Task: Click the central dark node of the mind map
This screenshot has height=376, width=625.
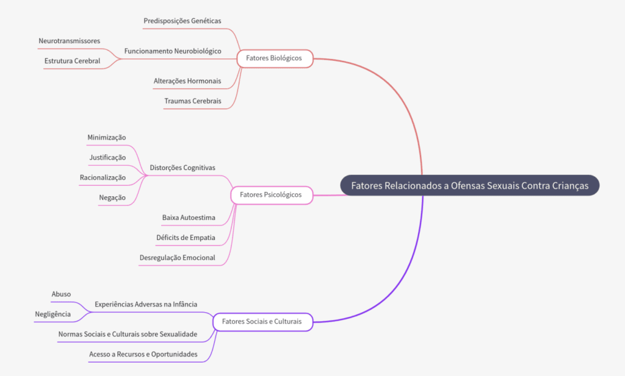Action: coord(469,186)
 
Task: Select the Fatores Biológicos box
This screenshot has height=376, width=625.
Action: coord(274,59)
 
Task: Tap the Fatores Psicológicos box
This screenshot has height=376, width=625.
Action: coord(271,195)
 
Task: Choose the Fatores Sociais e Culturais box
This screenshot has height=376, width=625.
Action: coord(262,321)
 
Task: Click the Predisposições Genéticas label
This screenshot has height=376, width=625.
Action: coord(182,21)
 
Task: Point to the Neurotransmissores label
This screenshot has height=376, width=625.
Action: coord(69,41)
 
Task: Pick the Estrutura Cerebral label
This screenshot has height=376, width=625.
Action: coord(72,61)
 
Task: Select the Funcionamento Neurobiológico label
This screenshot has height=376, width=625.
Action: coord(173,51)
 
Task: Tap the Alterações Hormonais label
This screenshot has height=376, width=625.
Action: coord(187,81)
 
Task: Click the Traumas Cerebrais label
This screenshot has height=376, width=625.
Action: coord(193,101)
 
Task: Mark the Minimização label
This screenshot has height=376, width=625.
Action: coord(107,137)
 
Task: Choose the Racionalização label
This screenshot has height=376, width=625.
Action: coord(103,177)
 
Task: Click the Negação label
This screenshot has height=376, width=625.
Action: coord(112,197)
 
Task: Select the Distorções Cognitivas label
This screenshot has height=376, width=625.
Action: coord(182,168)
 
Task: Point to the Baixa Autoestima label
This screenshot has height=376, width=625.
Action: coord(189,218)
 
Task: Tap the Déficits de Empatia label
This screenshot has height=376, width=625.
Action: coord(186,237)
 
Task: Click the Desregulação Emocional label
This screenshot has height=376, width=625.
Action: coord(178,257)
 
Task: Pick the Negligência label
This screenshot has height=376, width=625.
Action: coord(52,314)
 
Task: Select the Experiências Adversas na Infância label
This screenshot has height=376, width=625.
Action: coord(146,303)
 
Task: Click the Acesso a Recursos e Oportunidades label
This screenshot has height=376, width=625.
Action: coord(143,354)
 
